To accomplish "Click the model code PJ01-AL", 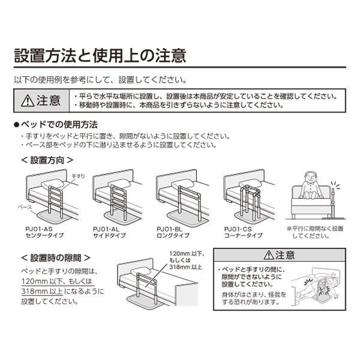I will point(107,229).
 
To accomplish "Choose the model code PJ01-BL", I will point(170,229).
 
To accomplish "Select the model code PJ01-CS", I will point(237,229).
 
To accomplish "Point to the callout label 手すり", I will point(71,175).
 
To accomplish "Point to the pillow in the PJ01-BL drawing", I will point(184,182).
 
